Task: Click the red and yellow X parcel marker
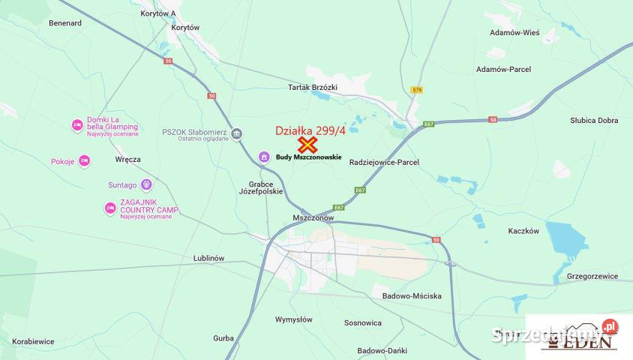click(x=307, y=145)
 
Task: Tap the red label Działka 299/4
click(x=310, y=130)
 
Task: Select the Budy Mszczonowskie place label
click(x=308, y=157)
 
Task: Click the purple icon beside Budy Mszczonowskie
click(x=263, y=157)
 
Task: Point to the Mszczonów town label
click(x=313, y=217)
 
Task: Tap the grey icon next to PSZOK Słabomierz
click(x=236, y=134)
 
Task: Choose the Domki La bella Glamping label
click(x=112, y=123)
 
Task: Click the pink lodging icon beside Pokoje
click(x=84, y=161)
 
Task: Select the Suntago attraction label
click(x=122, y=184)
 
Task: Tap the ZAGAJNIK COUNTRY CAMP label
click(x=148, y=207)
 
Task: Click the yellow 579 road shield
click(x=417, y=90)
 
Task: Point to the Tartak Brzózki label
click(x=313, y=88)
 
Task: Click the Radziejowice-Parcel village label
click(x=384, y=162)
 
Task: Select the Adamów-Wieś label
click(x=514, y=33)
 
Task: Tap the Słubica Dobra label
click(x=594, y=120)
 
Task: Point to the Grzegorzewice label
click(x=592, y=276)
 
